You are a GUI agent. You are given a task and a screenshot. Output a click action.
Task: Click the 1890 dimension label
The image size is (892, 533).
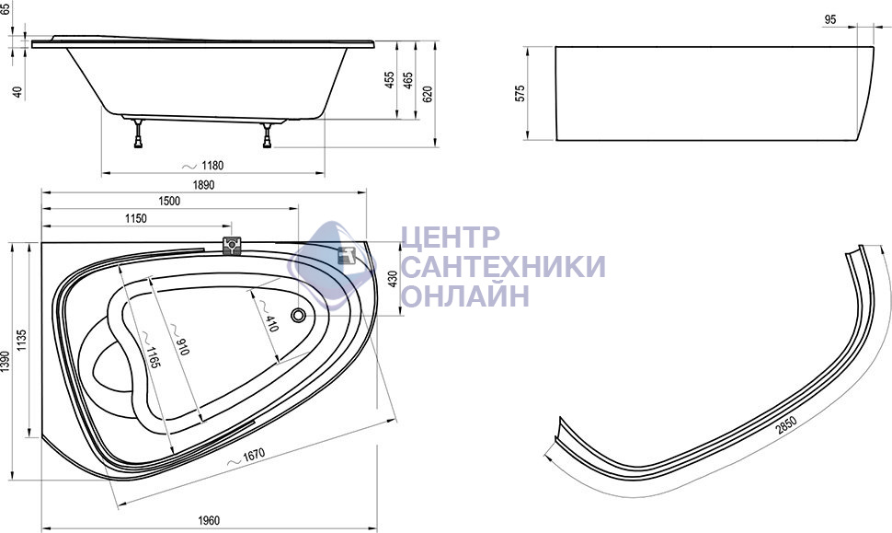(203, 185)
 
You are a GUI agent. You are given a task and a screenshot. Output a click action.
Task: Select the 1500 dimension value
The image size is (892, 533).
(169, 201)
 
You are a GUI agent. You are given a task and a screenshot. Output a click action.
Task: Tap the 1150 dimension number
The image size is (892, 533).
(135, 218)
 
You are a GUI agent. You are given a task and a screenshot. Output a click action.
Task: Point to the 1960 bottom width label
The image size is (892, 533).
(209, 520)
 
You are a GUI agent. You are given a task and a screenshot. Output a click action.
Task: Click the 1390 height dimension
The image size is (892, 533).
(6, 362)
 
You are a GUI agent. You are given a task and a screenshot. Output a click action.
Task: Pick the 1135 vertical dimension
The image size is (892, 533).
(22, 340)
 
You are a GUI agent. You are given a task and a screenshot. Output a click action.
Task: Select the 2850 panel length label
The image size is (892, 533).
(787, 426)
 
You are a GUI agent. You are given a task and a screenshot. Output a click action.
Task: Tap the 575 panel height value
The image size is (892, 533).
(520, 93)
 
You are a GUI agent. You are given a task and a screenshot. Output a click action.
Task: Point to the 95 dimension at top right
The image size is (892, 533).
(830, 20)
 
